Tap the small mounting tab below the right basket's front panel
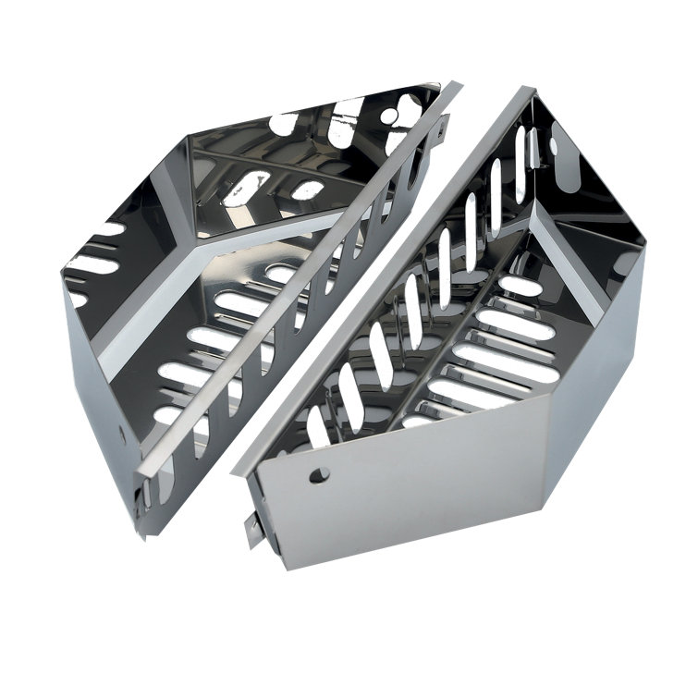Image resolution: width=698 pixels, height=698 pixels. pos(252,528)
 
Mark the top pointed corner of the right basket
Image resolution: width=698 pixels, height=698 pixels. pos(529,90)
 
